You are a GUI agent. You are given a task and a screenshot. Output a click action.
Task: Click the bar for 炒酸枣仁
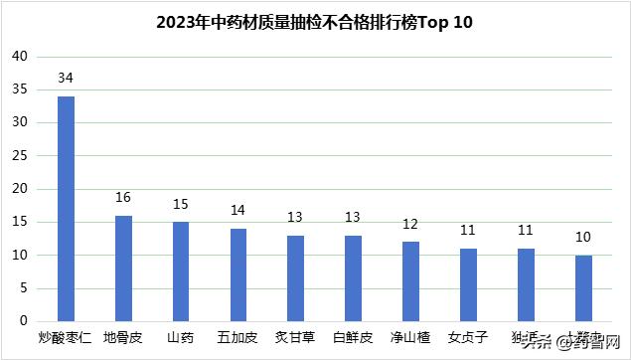point(66,209)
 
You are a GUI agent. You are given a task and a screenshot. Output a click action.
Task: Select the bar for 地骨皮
point(123,269)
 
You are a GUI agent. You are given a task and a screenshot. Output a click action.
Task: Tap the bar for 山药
point(181,271)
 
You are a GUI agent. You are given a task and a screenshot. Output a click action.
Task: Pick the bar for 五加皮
point(238,274)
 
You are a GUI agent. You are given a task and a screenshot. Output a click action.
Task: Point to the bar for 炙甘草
point(296,278)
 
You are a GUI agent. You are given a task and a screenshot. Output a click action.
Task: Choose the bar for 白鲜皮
point(354,278)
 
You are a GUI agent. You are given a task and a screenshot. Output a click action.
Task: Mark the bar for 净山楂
point(411,281)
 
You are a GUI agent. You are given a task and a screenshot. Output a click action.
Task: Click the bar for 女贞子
point(469,284)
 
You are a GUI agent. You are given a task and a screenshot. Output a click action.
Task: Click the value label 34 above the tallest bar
point(66,78)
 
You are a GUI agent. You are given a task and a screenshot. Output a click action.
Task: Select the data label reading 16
point(123,197)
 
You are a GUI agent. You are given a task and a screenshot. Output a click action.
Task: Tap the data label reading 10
point(584,237)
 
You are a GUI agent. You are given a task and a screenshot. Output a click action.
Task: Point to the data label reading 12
point(411,224)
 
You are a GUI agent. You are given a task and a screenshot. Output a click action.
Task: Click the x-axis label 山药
point(181,338)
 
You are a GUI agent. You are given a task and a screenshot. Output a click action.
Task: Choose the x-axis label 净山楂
point(411,338)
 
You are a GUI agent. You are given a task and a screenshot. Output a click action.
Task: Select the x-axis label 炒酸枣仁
point(66,338)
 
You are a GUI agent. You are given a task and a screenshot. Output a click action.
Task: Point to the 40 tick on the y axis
point(19,57)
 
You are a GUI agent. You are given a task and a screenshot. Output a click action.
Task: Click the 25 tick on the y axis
point(19,156)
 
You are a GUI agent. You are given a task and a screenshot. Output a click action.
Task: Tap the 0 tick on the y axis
point(23,321)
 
